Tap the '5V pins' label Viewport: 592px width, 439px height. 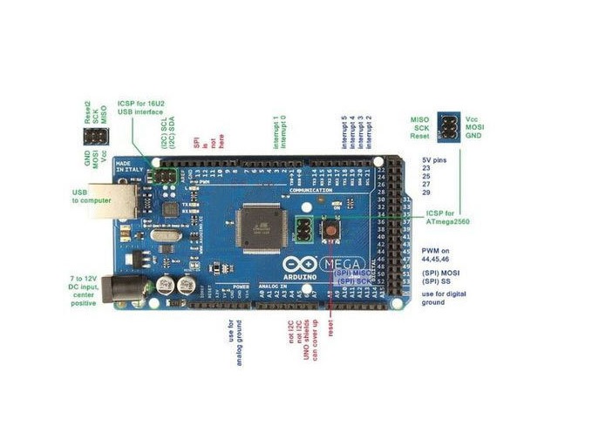pyautogui.click(x=437, y=160)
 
